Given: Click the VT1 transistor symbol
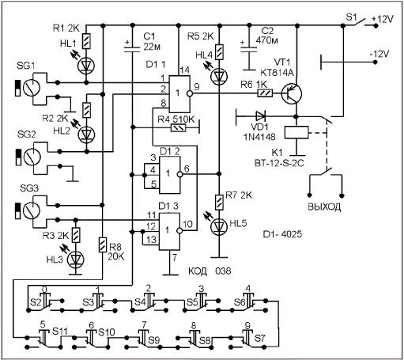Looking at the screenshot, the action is (x=292, y=93).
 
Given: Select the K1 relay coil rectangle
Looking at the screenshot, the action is (x=296, y=132).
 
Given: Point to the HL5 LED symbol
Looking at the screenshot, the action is (x=219, y=226).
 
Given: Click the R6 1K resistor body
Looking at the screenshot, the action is (x=265, y=93).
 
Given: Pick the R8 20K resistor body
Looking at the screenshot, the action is (x=103, y=244).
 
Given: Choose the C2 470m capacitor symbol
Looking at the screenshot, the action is (x=249, y=51).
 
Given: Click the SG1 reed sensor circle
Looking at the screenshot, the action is (x=31, y=88).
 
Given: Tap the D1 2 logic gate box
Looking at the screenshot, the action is (x=170, y=174).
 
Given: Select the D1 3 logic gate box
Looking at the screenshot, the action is (x=169, y=230).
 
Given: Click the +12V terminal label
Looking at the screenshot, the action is (x=382, y=19).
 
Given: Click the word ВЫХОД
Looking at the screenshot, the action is (x=324, y=207).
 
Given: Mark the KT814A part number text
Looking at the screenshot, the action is (x=277, y=73).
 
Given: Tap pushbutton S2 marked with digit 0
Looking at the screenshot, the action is (x=46, y=301).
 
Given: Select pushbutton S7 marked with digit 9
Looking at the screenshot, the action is (x=247, y=337).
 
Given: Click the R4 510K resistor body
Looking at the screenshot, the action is (x=179, y=128).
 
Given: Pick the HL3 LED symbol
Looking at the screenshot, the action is (x=76, y=260).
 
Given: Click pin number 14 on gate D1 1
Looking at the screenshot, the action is (x=184, y=70).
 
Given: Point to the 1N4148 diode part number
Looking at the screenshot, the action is (x=260, y=137).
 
